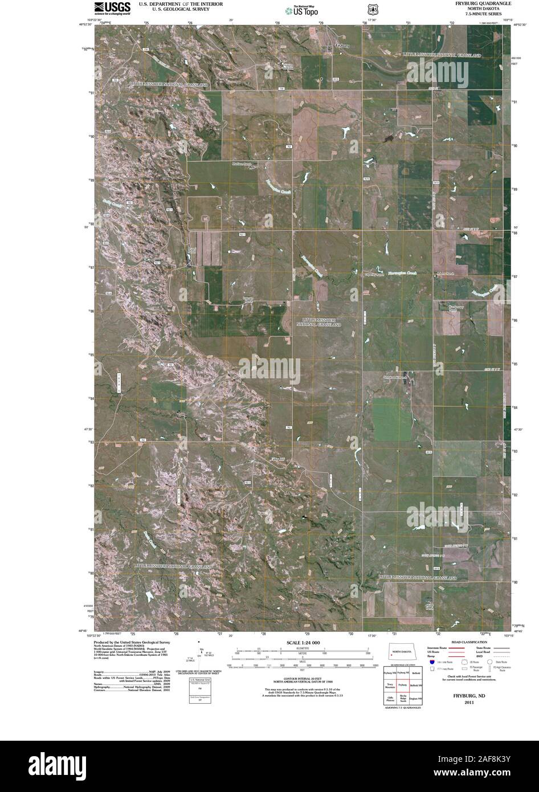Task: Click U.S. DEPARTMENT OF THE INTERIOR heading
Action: coord(177,3)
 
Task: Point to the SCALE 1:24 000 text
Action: coord(304,643)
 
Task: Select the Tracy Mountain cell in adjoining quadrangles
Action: coord(389,685)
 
